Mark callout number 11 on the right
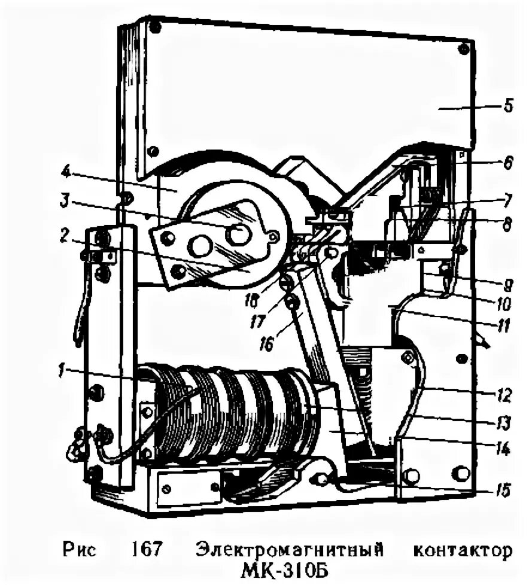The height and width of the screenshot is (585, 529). (505, 327)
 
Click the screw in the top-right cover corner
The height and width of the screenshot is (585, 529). (462, 48)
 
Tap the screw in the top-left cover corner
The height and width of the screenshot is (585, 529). (155, 26)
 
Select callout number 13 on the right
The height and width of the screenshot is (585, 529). (504, 423)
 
